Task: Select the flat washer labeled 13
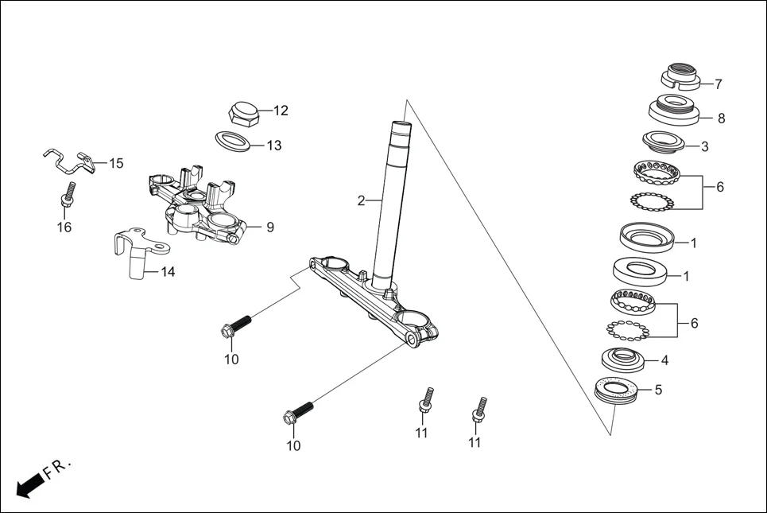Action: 234,140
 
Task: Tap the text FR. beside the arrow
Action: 58,468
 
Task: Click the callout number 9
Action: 269,227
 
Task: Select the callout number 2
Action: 361,200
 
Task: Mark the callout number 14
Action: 168,272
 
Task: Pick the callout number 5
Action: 657,390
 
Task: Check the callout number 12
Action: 281,111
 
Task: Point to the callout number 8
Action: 721,119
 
